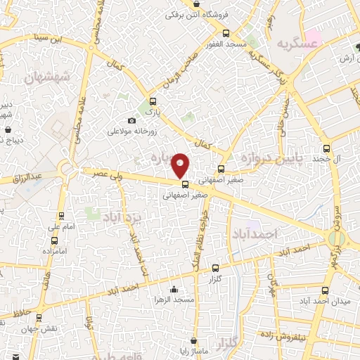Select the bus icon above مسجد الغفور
pyautogui.click(x=225, y=33)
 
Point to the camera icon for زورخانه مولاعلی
pyautogui.click(x=131, y=120)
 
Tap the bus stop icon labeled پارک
pyautogui.click(x=153, y=101)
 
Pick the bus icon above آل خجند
pyautogui.click(x=326, y=148)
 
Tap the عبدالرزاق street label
pyautogui.click(x=29, y=176)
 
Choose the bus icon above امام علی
pyautogui.click(x=61, y=216)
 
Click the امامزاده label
pyautogui.click(x=53, y=251)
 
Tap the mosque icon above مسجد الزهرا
pyautogui.click(x=174, y=289)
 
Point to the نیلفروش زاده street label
pyautogui.click(x=299, y=335)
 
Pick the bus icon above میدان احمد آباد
pyautogui.click(x=324, y=290)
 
